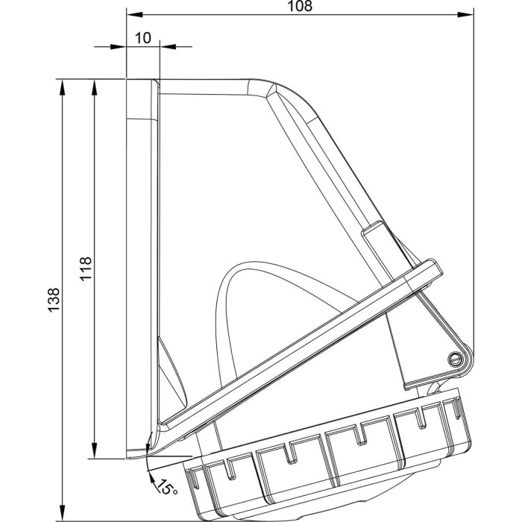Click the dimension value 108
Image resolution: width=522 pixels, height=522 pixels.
[x=300, y=6]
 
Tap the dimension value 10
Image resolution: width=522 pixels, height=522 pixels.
[x=143, y=38]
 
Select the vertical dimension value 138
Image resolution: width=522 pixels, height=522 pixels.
[x=53, y=300]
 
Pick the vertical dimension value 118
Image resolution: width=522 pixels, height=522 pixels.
[x=86, y=268]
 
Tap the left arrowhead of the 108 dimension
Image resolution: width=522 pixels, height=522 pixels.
[x=134, y=15]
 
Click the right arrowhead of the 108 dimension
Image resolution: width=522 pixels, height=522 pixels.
[x=465, y=15]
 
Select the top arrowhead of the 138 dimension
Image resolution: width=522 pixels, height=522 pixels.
[x=62, y=87]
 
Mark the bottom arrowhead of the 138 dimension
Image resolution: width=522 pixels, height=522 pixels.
[x=62, y=513]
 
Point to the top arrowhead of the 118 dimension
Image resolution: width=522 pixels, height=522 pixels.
[x=95, y=87]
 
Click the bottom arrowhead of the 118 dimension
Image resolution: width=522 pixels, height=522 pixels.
[x=95, y=450]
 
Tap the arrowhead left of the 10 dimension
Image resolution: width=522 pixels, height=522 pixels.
[x=119, y=46]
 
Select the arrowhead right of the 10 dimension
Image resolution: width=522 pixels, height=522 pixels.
[x=168, y=46]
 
